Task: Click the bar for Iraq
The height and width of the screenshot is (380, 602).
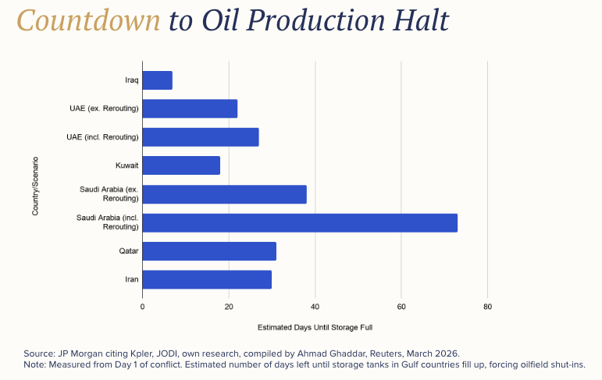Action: click(158, 80)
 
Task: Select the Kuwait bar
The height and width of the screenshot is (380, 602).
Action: click(181, 165)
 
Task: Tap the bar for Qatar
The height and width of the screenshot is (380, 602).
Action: click(209, 251)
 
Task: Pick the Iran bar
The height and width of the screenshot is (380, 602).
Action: click(207, 279)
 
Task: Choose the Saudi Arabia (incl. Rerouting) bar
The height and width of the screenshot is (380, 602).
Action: click(300, 222)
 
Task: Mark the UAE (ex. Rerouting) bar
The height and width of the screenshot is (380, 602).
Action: click(190, 108)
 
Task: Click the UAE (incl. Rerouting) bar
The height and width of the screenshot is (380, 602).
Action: click(201, 137)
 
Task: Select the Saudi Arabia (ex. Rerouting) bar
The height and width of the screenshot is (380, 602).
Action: click(225, 194)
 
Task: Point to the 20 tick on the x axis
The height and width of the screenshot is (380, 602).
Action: click(229, 307)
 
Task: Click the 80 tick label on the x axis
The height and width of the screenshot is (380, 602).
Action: click(487, 307)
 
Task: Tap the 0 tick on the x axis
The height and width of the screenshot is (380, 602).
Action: click(142, 307)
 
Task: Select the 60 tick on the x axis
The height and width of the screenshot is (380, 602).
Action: click(401, 307)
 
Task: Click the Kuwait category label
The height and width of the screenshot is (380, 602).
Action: click(126, 165)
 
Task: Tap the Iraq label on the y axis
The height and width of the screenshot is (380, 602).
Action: click(131, 80)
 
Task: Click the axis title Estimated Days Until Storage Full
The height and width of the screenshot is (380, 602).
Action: click(315, 327)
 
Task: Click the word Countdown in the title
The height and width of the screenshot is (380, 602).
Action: click(89, 21)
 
